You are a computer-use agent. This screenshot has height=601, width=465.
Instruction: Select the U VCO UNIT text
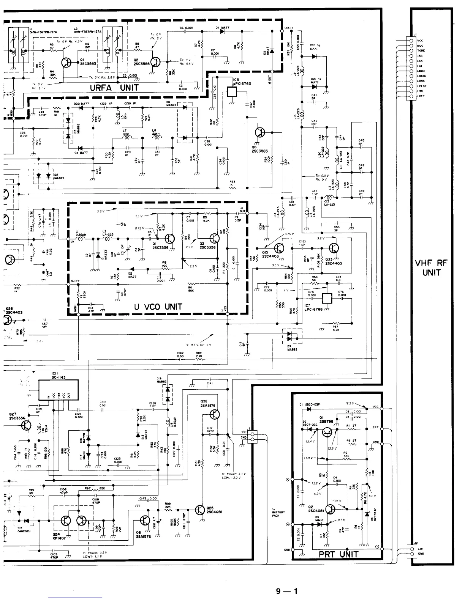[158, 307]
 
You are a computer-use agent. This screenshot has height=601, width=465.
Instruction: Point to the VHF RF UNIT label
[432, 267]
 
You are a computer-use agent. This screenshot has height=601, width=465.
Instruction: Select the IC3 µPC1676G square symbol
[232, 91]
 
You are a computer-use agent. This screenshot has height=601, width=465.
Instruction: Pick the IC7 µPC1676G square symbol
[327, 298]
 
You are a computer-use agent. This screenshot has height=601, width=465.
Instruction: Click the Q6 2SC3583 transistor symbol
[261, 132]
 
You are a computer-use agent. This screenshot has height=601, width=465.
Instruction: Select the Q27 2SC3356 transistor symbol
[26, 426]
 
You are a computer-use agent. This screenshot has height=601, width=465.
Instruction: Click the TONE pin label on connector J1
[421, 50]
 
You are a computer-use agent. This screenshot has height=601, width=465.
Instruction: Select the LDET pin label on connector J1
[421, 96]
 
